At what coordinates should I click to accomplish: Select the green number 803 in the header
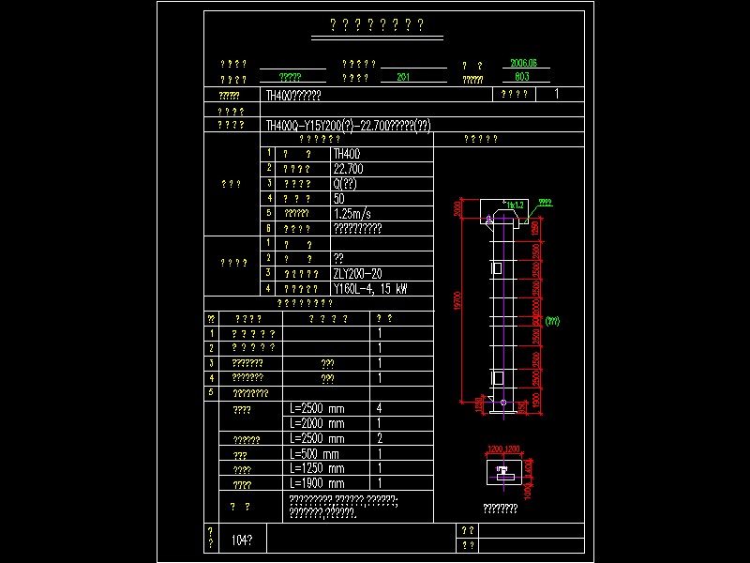click(x=523, y=77)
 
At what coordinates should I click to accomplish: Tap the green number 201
click(x=404, y=78)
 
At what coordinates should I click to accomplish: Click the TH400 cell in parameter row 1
click(x=347, y=153)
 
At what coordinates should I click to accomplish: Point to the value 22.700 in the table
click(x=349, y=169)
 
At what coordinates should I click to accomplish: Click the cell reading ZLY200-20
click(x=357, y=273)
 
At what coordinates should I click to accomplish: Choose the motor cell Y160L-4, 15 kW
click(x=370, y=288)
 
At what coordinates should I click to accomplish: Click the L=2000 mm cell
click(x=317, y=423)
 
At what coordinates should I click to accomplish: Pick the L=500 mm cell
click(x=315, y=453)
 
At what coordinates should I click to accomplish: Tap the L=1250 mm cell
click(x=317, y=468)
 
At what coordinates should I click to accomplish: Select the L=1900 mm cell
click(x=317, y=483)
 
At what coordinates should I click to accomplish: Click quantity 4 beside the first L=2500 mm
click(x=380, y=409)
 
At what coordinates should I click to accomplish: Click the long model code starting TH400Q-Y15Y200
click(x=348, y=125)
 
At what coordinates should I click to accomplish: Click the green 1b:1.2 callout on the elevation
click(x=514, y=204)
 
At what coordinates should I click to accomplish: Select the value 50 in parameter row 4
click(x=338, y=198)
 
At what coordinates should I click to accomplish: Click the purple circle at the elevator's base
click(x=503, y=404)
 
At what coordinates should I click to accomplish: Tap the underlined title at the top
click(x=377, y=25)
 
